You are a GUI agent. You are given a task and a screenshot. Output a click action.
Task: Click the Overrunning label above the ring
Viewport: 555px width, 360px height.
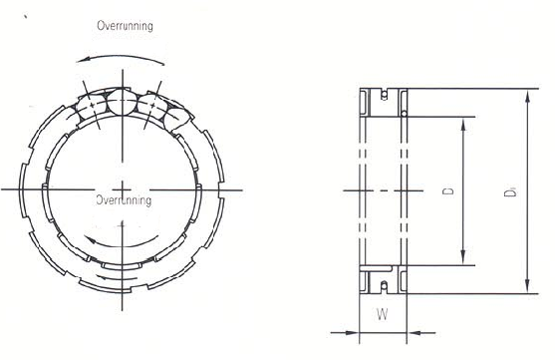pyautogui.click(x=125, y=26)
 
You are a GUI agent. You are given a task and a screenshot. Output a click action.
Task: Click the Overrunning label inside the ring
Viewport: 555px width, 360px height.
pyautogui.click(x=124, y=200)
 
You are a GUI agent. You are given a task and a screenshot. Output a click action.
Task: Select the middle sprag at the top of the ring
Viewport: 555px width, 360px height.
pyautogui.click(x=121, y=101)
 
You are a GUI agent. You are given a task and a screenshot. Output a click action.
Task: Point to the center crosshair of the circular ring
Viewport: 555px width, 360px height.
pyautogui.click(x=121, y=187)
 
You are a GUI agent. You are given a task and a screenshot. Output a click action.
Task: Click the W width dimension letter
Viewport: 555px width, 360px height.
pyautogui.click(x=383, y=317)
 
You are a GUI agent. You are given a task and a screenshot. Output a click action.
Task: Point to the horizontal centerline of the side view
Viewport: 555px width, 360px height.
pyautogui.click(x=383, y=189)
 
